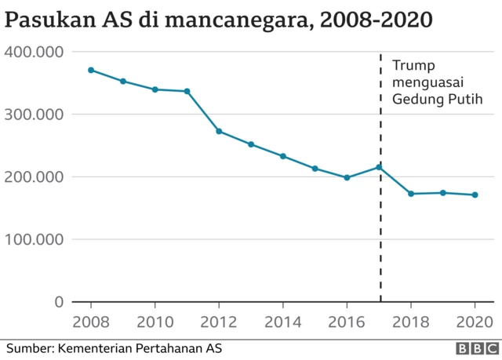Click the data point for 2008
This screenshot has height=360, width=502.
click(x=91, y=70)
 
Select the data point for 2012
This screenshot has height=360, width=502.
click(x=219, y=131)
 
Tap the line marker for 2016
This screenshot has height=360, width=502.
click(x=347, y=177)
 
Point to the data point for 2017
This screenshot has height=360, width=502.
click(x=379, y=167)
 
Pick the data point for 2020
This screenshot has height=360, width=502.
click(x=475, y=195)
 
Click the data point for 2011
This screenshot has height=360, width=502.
click(x=187, y=91)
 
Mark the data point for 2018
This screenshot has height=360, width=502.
click(x=411, y=194)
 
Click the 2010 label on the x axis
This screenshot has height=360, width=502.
click(x=155, y=322)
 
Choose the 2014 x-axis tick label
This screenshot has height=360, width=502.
click(x=283, y=322)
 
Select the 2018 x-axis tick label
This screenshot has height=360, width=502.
click(x=411, y=322)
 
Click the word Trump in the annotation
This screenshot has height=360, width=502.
click(x=413, y=65)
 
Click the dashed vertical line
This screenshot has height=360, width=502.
click(x=380, y=235)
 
